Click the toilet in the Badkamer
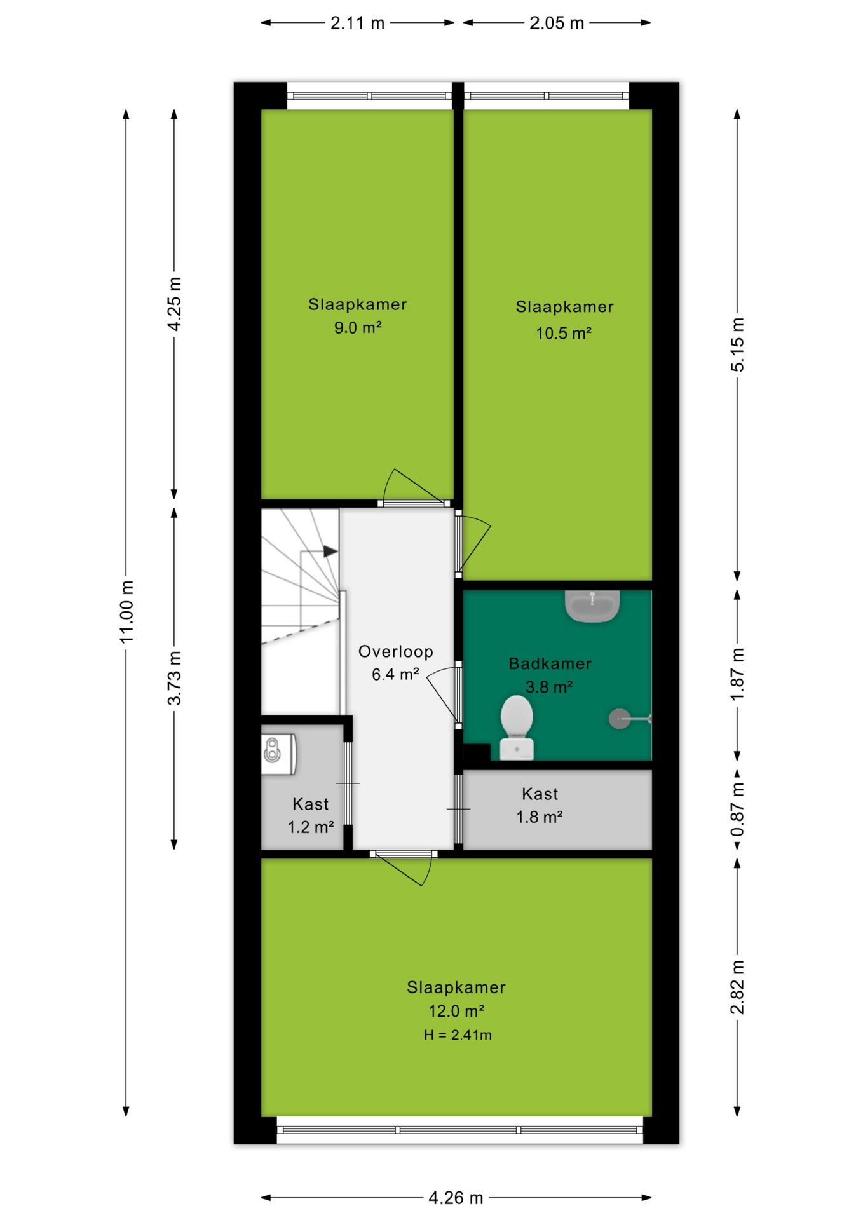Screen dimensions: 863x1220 [517, 727]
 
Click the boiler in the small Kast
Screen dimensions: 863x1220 [278, 754]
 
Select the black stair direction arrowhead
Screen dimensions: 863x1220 [330, 552]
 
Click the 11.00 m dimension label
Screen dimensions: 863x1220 [127, 611]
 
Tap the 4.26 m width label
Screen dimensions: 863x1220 [456, 1198]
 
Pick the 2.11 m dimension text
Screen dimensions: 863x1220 [357, 23]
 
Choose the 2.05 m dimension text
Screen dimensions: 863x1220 [557, 23]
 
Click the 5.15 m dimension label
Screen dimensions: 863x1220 [737, 344]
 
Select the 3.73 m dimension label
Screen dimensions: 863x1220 [175, 678]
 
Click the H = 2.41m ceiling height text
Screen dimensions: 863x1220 [458, 1035]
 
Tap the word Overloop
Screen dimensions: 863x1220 [396, 651]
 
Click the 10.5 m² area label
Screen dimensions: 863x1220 [564, 333]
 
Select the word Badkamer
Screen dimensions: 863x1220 [550, 663]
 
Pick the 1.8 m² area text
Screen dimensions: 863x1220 [540, 817]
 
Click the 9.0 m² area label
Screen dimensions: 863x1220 [358, 328]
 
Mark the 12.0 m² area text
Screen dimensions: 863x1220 [456, 1011]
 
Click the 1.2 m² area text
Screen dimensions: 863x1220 [311, 827]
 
